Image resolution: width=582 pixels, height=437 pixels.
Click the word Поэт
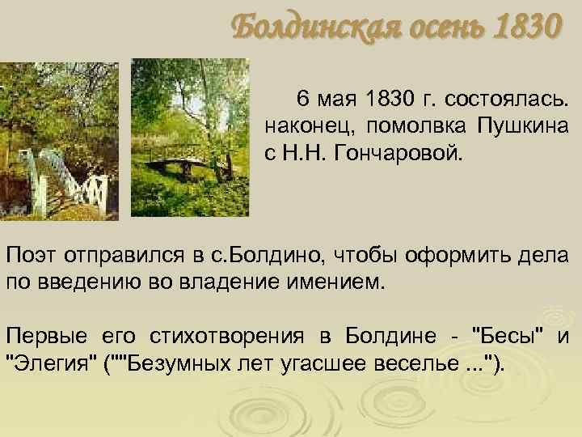click(x=32, y=257)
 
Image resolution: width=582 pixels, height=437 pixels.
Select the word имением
click(x=335, y=284)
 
